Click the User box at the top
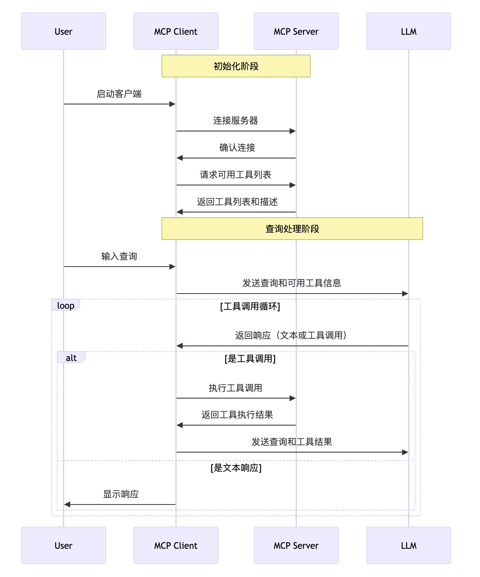pos(63,31)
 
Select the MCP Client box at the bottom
pos(176,545)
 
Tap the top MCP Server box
pos(296,31)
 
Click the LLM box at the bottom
pos(408,545)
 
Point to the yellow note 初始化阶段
pos(236,66)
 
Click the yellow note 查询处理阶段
pos(292,229)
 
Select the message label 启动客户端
pos(119,94)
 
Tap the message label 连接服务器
pos(236,121)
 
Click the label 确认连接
pos(237,148)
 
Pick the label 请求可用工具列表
pos(235,175)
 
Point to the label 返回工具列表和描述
pos(237,202)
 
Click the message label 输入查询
pos(119,256)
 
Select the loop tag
pos(66,305)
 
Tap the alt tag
pos(71,357)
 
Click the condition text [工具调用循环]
pos(250,306)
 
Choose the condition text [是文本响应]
pos(236,468)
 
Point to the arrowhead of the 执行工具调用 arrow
pos(293,398)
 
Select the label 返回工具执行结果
pos(237,415)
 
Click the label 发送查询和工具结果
pos(292,442)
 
